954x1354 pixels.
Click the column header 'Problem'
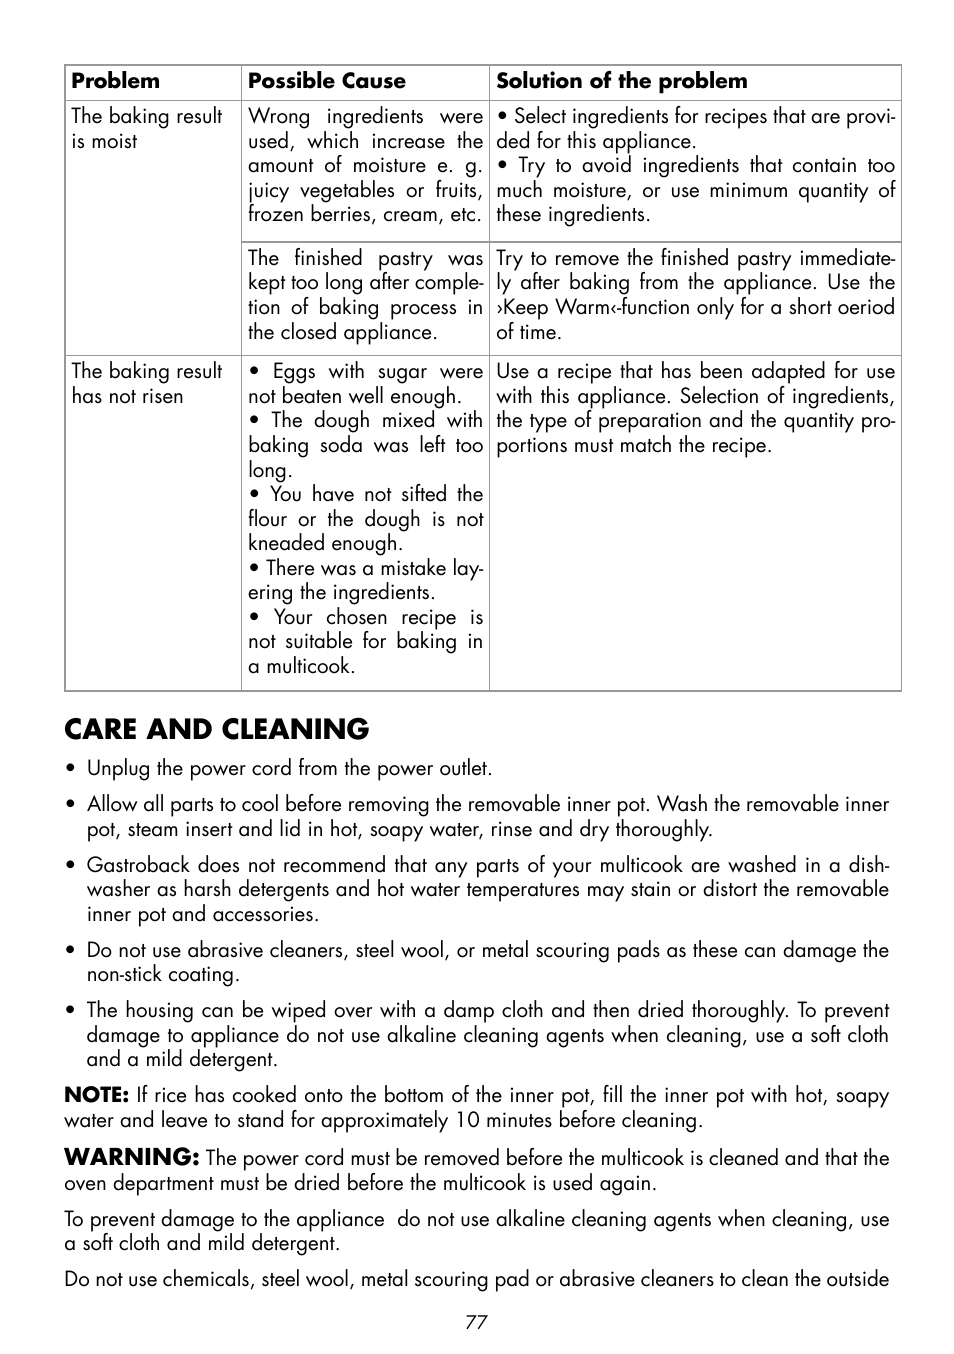point(115,81)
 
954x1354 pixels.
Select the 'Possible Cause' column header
point(326,81)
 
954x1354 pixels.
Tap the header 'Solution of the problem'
point(621,81)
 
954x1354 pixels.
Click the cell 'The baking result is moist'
point(146,128)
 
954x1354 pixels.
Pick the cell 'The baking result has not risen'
point(146,383)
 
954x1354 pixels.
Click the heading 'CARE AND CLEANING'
point(216,729)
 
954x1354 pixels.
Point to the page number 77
point(476,1321)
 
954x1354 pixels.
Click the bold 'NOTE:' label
point(96,1095)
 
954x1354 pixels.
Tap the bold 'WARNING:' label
point(131,1157)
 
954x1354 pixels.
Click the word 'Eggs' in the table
point(294,371)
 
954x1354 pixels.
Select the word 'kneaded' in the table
point(284,543)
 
